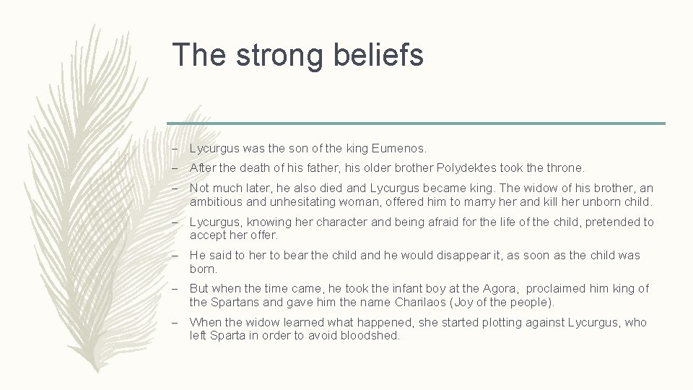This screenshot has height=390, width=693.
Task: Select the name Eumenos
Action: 399,149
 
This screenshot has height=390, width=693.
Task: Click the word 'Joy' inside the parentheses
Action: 478,302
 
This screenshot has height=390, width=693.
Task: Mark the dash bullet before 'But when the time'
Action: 175,288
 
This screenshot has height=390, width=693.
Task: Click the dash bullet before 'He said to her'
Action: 175,255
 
